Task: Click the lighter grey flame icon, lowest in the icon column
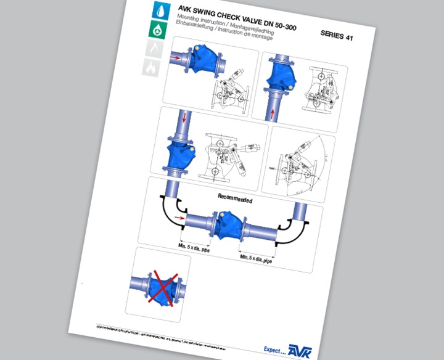pyautogui.click(x=150, y=67)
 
